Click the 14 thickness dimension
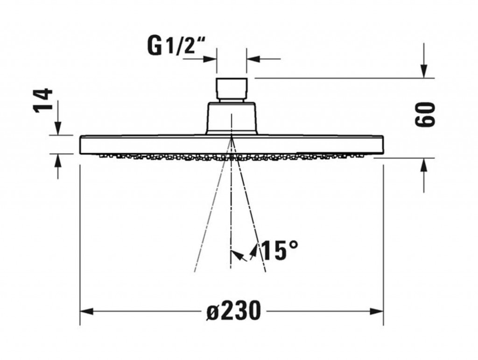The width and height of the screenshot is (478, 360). (42, 101)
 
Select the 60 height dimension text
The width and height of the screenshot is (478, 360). (425, 114)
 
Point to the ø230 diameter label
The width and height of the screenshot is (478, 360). (233, 311)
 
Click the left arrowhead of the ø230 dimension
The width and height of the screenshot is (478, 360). (86, 311)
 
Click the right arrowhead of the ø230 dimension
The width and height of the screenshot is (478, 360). (377, 311)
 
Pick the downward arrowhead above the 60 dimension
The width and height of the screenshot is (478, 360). (424, 71)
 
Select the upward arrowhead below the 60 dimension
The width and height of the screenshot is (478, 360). (424, 165)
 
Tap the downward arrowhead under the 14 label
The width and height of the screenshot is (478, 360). (57, 128)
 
